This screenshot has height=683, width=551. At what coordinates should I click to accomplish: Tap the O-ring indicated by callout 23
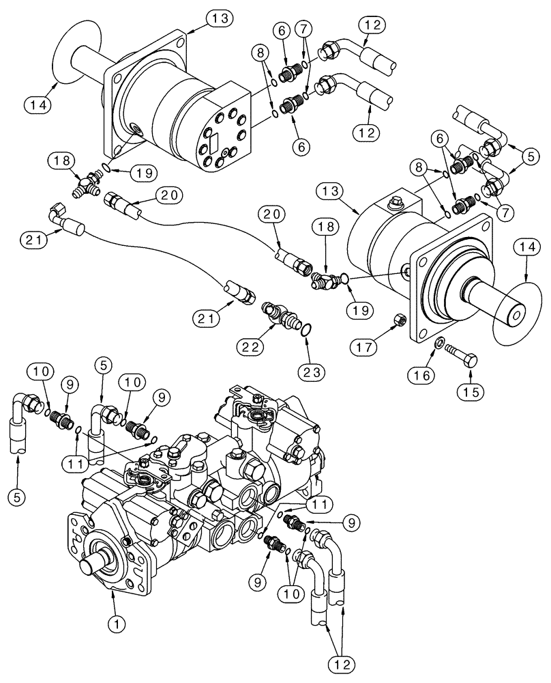coord(308,329)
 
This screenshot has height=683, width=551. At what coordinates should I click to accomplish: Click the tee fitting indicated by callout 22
coord(282,316)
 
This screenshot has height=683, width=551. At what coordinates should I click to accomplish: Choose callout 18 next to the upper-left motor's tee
coord(59,161)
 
